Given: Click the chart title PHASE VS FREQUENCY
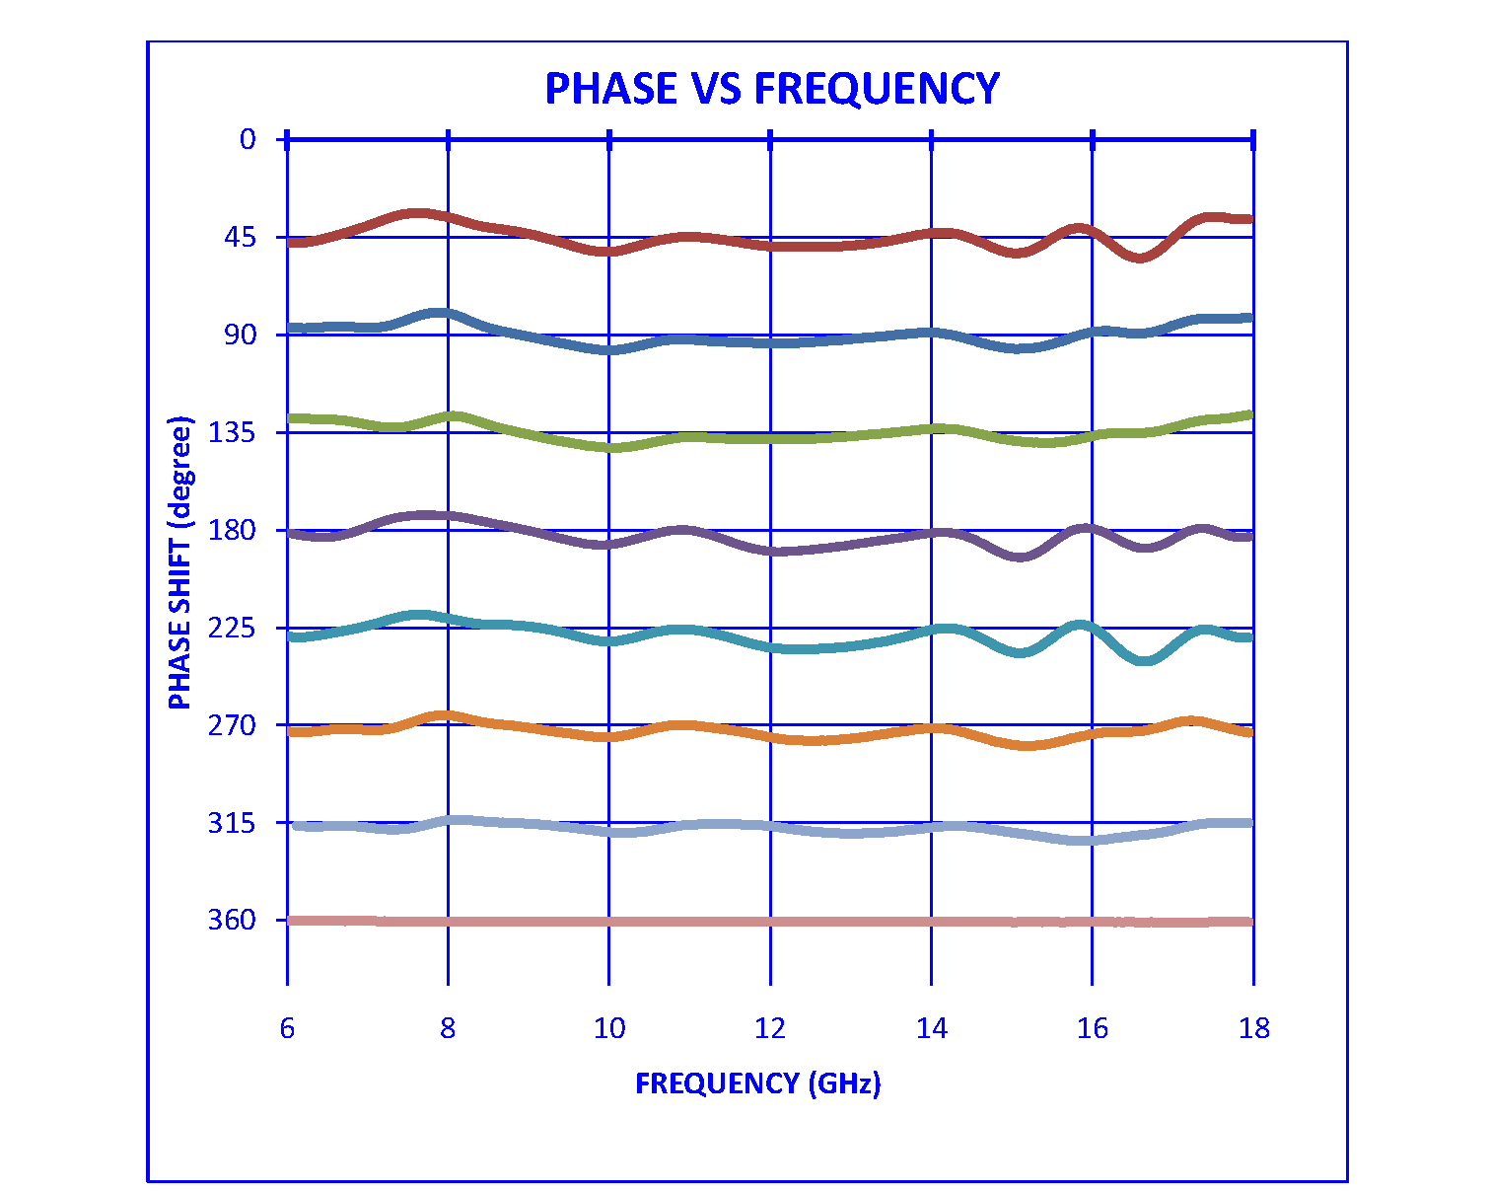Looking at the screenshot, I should [x=771, y=89].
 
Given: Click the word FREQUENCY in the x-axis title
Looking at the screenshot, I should [x=717, y=1083].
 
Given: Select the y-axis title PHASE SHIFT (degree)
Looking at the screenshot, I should [x=180, y=562].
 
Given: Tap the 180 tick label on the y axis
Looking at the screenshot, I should [x=233, y=530].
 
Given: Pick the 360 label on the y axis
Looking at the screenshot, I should [x=233, y=920].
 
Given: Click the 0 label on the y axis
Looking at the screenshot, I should [x=248, y=139].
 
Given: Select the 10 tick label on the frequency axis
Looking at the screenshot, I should [x=609, y=1029].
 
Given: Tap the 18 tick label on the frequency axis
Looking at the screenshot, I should [x=1253, y=1029].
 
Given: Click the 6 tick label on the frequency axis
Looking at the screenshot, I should [x=287, y=1029].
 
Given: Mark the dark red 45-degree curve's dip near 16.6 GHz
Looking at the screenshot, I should [x=1140, y=258].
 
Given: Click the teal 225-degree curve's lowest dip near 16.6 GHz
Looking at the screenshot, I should [x=1145, y=660].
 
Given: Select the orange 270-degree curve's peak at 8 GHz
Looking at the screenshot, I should [x=447, y=715].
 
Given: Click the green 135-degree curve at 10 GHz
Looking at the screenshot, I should [x=609, y=448].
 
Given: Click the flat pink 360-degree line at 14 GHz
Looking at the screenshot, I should [x=931, y=922].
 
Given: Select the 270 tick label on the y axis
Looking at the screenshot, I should [x=233, y=725].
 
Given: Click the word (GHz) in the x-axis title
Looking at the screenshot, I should [x=844, y=1083].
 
